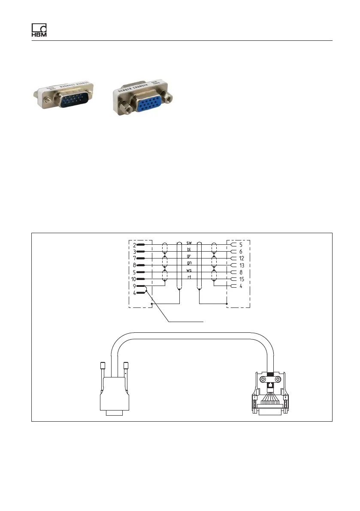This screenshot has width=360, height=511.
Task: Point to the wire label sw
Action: click(189, 242)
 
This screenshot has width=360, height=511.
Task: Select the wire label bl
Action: click(189, 249)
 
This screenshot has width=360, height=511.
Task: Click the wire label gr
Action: click(189, 256)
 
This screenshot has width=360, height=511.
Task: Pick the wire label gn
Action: click(189, 263)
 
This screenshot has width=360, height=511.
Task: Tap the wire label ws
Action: click(189, 270)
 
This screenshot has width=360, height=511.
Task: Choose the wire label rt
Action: click(189, 277)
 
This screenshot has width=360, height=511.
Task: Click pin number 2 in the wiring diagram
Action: click(134, 244)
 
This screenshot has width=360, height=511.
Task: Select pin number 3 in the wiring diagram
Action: click(134, 251)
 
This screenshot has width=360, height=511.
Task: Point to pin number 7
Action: click(134, 258)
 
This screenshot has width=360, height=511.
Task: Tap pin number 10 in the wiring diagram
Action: click(133, 279)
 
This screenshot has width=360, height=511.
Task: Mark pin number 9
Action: click(134, 286)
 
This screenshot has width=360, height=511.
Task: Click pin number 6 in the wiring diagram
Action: click(241, 251)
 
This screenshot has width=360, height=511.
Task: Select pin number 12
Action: click(242, 258)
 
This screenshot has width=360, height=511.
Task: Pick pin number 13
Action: click(242, 265)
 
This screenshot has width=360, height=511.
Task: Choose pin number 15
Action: click(242, 279)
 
